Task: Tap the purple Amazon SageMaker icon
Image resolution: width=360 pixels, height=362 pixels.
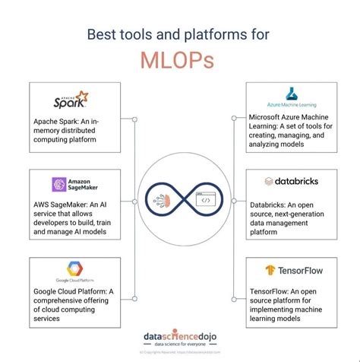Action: [58, 185]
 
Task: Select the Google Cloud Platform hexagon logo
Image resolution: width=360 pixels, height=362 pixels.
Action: [74, 267]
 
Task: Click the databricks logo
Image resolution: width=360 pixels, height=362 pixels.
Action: [290, 181]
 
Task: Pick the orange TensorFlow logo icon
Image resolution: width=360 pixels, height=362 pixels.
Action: [270, 269]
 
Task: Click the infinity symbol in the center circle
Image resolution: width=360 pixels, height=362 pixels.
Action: [180, 204]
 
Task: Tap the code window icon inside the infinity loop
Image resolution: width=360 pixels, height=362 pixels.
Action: [204, 202]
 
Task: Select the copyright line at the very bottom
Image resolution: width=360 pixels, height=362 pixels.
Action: [179, 354]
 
